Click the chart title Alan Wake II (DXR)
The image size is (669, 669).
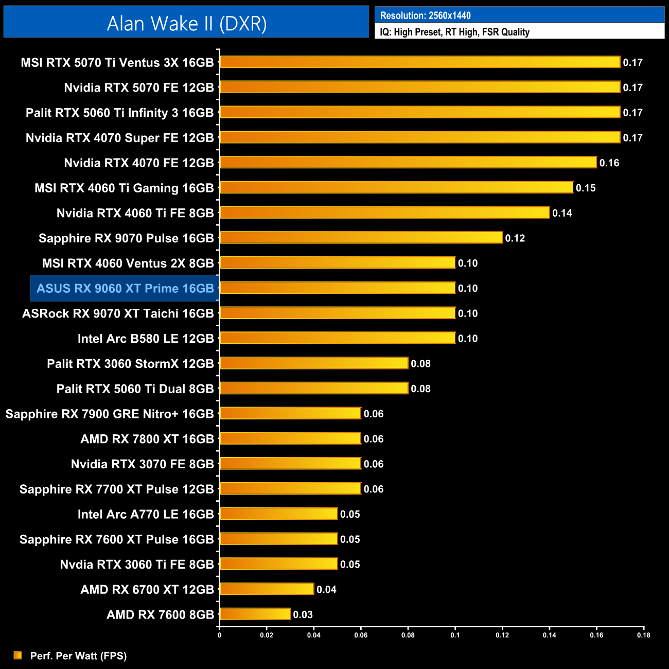pos(186,24)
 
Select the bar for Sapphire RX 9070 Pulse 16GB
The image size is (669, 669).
pos(361,238)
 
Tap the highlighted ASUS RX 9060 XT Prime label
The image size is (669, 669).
pos(125,288)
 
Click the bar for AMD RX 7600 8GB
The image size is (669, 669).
pos(255,614)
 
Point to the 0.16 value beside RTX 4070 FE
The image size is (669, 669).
pos(609,163)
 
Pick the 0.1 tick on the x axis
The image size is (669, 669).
pos(455,635)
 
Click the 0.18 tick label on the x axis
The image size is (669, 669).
pos(643,635)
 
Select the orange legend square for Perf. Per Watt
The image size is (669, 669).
pos(18,655)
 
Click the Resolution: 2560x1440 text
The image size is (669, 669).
pos(425,15)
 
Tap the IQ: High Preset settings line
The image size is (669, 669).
pos(454,32)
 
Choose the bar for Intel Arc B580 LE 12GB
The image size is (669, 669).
pos(337,338)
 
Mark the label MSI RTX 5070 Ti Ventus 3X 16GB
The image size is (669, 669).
pos(117,63)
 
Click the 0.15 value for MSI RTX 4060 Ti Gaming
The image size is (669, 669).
pos(586,188)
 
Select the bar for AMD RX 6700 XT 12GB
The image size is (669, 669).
pos(267,589)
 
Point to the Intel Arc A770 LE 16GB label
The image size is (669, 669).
pos(146,514)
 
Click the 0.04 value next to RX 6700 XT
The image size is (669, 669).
pos(326,590)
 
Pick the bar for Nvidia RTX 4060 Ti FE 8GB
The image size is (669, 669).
pos(384,213)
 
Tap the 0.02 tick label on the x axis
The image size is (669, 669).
pos(267,635)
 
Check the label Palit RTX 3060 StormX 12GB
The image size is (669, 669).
pos(130,364)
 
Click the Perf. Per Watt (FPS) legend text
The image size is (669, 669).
pos(78,656)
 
